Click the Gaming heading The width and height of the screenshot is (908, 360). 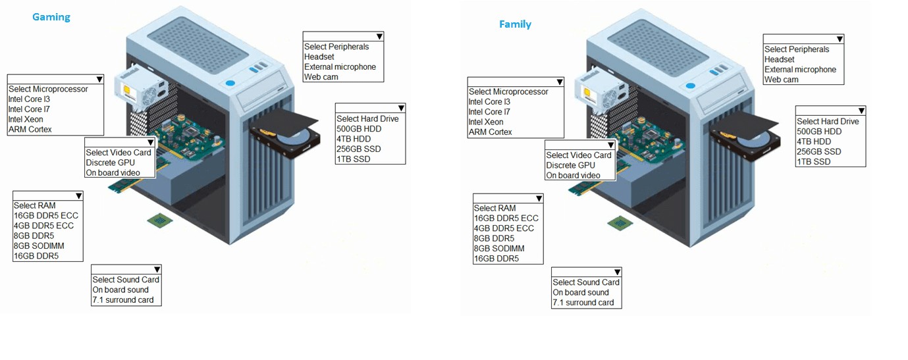(51, 17)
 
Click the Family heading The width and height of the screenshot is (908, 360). (515, 24)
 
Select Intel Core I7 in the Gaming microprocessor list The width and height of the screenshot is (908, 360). (28, 109)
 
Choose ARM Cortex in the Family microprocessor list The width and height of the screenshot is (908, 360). (490, 132)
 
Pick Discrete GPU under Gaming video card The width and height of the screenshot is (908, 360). (109, 163)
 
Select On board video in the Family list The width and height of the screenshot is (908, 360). (573, 176)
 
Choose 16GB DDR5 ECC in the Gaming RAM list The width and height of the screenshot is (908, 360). (45, 216)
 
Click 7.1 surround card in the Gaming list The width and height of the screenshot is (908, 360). (122, 300)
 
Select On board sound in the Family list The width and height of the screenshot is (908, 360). (581, 293)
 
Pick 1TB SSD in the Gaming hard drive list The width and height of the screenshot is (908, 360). (353, 159)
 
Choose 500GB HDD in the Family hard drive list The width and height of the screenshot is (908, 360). (819, 132)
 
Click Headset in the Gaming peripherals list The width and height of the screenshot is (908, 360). (319, 57)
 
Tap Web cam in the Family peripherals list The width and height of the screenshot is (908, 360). (781, 80)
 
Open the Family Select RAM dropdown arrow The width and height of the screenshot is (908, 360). (539, 199)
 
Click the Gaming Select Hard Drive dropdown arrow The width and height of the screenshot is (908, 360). (400, 109)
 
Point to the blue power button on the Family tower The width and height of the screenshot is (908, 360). (690, 86)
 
